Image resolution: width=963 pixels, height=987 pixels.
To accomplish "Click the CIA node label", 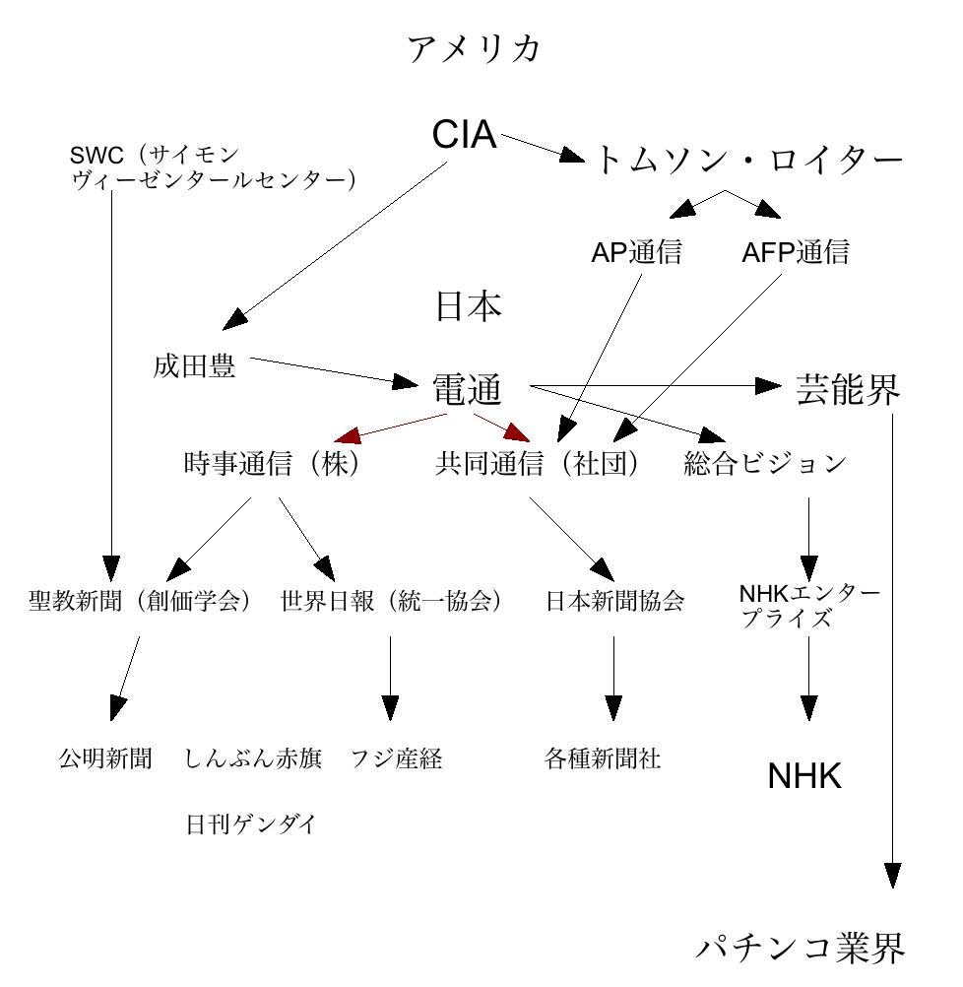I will click(x=464, y=135).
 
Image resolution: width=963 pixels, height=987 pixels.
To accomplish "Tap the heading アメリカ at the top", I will click(x=475, y=48).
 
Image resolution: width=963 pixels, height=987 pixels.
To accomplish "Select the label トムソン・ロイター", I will click(x=748, y=160).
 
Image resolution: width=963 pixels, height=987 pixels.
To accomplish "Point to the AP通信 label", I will click(x=636, y=253).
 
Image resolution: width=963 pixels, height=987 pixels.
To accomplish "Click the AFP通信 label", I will click(x=795, y=253).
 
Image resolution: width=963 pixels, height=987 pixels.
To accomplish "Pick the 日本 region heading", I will click(x=469, y=307).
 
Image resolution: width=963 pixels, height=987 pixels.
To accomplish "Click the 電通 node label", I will click(x=468, y=391).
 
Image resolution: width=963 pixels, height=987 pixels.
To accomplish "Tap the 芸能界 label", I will click(x=847, y=391).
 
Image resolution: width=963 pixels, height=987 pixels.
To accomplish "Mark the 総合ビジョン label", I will click(x=765, y=464).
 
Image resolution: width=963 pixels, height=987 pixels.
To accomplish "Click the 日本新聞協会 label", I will click(x=614, y=601).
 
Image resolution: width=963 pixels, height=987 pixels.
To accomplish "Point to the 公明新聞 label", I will click(x=104, y=758).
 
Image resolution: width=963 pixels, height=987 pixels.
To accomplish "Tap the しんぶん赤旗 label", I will click(x=253, y=758).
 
